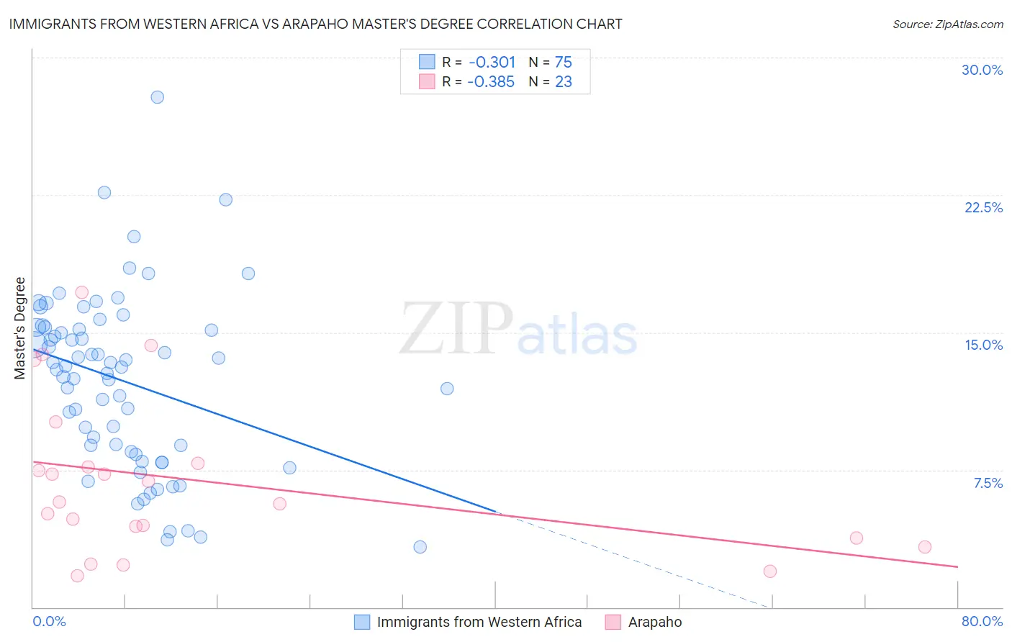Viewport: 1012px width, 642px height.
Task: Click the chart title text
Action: tap(315, 24)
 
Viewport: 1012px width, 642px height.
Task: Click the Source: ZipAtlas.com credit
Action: tap(947, 24)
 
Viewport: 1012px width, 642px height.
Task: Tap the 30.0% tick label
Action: tap(982, 70)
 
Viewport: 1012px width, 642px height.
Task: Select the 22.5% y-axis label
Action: tap(983, 207)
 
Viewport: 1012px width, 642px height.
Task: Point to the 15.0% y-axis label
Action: tap(983, 345)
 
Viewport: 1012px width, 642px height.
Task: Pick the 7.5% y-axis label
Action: tap(988, 483)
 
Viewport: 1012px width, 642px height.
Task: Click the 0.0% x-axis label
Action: tap(49, 621)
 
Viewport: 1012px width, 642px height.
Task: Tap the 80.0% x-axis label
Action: tap(982, 621)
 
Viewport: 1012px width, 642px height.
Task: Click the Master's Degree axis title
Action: tap(20, 327)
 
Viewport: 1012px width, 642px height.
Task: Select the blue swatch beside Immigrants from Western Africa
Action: tap(362, 622)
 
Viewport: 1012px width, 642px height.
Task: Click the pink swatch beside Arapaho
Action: tap(613, 622)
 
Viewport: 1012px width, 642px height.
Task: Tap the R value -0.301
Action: tap(492, 62)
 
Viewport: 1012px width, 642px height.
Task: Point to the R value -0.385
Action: tap(491, 81)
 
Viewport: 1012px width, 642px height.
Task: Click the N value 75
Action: tap(563, 62)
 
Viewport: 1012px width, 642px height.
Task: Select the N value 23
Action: tap(563, 81)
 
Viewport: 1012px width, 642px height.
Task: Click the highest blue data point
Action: tap(157, 97)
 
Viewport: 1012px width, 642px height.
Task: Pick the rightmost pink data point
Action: tap(925, 547)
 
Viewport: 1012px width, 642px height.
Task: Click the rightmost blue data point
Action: tap(447, 389)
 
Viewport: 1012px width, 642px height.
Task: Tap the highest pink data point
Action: tap(81, 292)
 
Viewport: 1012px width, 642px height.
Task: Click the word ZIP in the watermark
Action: tap(456, 328)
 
